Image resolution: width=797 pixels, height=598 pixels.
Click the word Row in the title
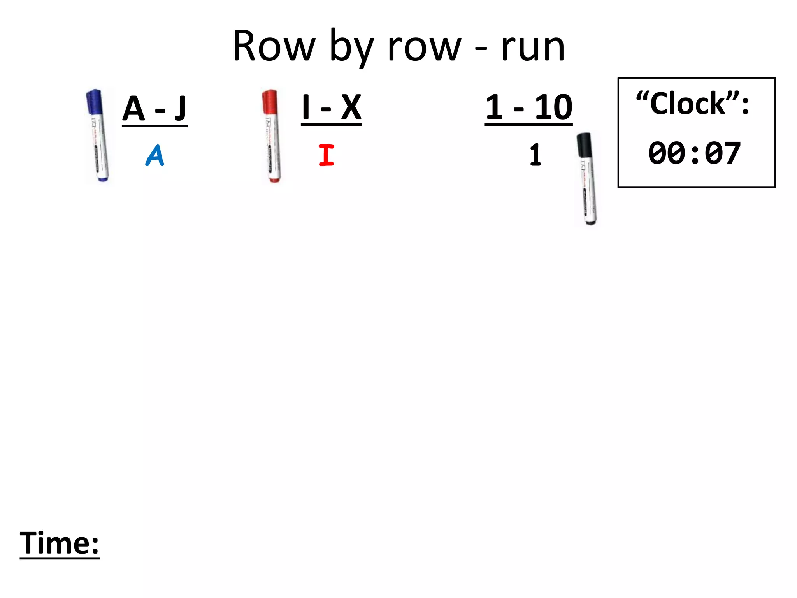tap(274, 47)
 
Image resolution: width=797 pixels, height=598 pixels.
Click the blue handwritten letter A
tap(155, 156)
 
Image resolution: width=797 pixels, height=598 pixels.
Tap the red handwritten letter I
tap(326, 155)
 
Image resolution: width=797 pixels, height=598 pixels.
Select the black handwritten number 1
tap(535, 155)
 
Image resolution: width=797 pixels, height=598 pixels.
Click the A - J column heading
tap(154, 109)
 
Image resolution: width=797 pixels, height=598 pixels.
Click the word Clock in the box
tap(688, 104)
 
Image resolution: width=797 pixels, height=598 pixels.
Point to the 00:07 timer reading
tap(694, 153)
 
